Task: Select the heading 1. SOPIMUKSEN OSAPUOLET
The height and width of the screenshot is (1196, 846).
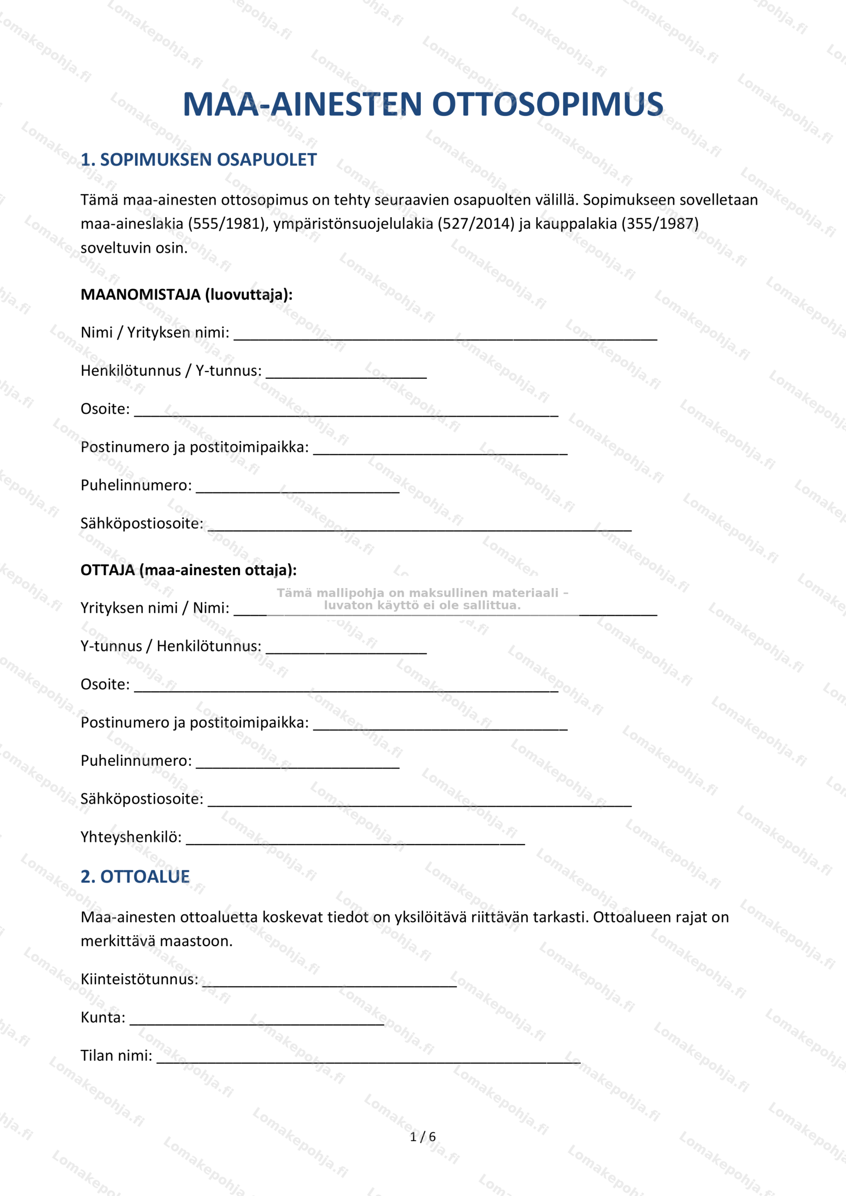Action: [199, 160]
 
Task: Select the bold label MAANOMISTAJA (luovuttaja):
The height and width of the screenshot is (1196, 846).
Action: [186, 295]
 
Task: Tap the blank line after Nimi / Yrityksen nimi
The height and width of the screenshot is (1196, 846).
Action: [445, 336]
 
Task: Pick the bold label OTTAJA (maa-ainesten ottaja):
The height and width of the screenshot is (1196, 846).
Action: [189, 570]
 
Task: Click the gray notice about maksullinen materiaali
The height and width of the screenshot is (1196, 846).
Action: [422, 599]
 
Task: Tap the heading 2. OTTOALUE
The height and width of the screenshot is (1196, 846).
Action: [135, 877]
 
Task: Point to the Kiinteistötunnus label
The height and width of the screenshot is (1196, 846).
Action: [139, 979]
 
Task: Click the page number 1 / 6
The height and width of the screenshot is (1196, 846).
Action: [422, 1137]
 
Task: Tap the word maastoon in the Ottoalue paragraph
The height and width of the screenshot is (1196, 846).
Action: [195, 941]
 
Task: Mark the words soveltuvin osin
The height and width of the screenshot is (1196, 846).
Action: [134, 248]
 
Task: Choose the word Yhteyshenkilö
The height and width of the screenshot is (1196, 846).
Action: [131, 837]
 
